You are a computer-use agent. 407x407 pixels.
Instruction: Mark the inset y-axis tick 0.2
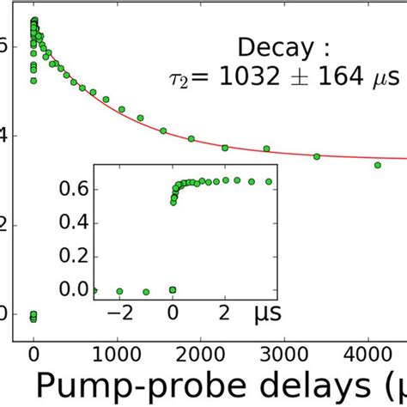pos(78,254)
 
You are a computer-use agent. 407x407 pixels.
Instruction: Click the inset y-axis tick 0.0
pos(78,290)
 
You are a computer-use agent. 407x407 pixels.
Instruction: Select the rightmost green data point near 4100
pos(377,165)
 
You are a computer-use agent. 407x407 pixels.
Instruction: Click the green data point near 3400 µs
pos(317,156)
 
